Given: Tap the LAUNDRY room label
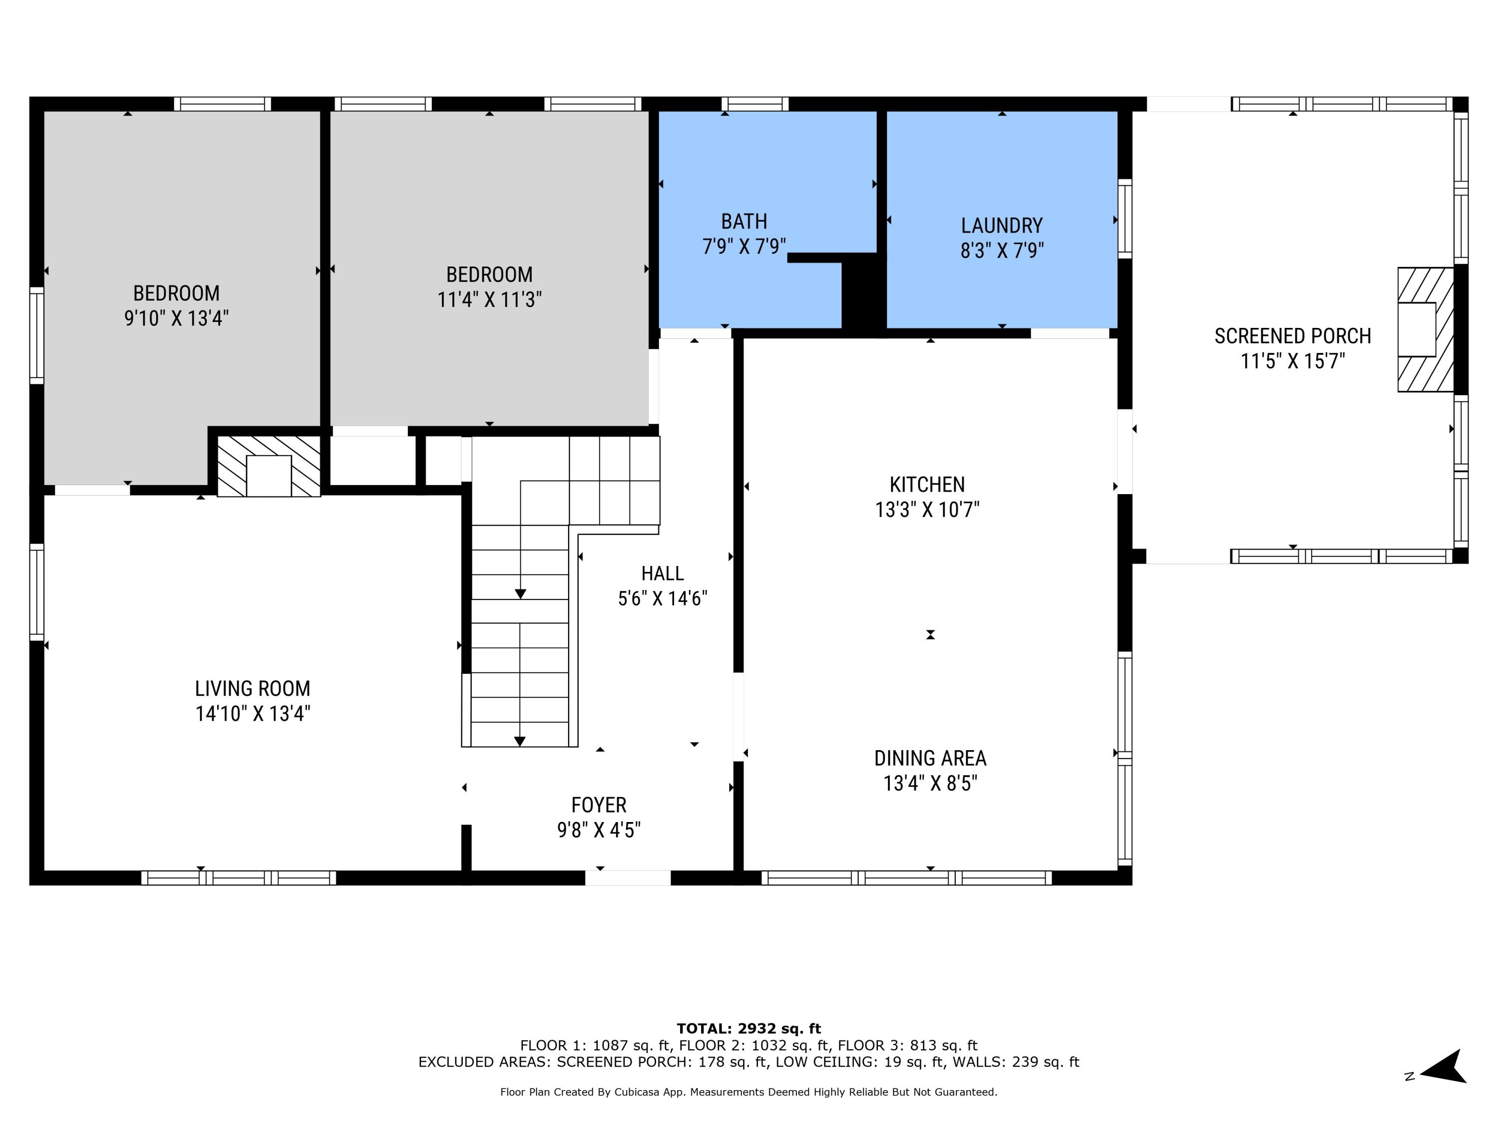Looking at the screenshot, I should pyautogui.click(x=1002, y=226).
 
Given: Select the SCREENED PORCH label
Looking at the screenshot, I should pyautogui.click(x=1292, y=336).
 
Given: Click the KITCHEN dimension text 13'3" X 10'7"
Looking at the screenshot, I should pyautogui.click(x=927, y=510).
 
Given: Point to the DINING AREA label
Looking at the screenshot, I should pyautogui.click(x=930, y=758).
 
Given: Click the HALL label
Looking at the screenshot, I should pyautogui.click(x=662, y=574).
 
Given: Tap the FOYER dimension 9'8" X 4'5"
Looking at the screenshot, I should pyautogui.click(x=599, y=830).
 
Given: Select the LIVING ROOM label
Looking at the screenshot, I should pyautogui.click(x=253, y=688).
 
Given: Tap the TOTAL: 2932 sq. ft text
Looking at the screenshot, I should pyautogui.click(x=749, y=1029).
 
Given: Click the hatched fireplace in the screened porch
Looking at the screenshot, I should pyautogui.click(x=1426, y=329).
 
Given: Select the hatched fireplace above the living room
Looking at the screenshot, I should pyautogui.click(x=269, y=466).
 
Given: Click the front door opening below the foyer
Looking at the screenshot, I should pyautogui.click(x=628, y=878).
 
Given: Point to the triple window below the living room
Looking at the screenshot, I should pyautogui.click(x=238, y=878).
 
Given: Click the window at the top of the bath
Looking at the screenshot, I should pyautogui.click(x=754, y=104).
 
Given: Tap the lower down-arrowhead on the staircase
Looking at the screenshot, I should pyautogui.click(x=519, y=741).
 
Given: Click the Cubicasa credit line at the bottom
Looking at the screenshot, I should pyautogui.click(x=749, y=1092).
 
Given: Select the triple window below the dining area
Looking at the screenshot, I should pyautogui.click(x=906, y=878).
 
